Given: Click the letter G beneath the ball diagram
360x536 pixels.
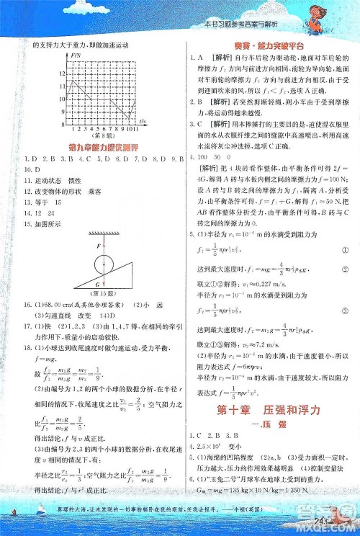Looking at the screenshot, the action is coord(107,274).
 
